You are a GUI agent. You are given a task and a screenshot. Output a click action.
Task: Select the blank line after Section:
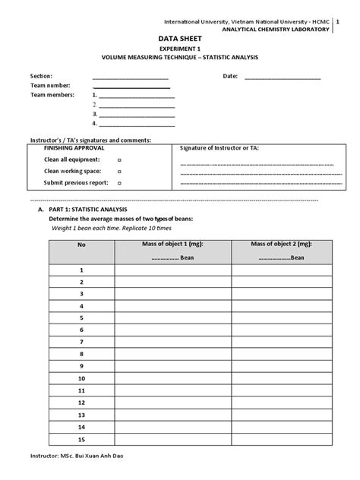coord(130,77)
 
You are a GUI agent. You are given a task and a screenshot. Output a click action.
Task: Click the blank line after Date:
coord(283,77)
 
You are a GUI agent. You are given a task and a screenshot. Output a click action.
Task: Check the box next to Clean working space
coord(119,172)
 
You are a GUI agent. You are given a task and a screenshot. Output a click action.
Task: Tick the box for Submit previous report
coord(119,183)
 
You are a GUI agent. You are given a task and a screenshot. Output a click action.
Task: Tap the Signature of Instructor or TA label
coord(219,149)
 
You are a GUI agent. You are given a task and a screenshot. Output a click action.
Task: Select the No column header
coord(81,245)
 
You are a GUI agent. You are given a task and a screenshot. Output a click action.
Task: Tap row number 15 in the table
coord(81,439)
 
